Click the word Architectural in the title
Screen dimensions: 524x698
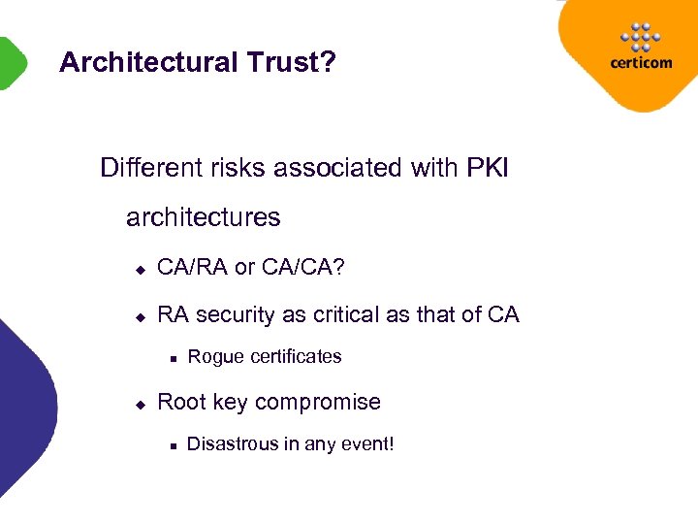click(x=147, y=63)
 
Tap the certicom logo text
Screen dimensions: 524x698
click(x=639, y=63)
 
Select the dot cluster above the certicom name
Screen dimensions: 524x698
click(x=640, y=36)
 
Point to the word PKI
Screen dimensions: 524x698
click(x=487, y=169)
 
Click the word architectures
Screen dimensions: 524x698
click(x=204, y=217)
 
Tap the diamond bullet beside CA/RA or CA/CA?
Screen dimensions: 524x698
click(x=140, y=268)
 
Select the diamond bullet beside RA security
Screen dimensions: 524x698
click(x=140, y=316)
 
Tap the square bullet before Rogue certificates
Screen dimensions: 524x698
click(x=171, y=358)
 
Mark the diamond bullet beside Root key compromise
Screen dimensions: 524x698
click(x=140, y=404)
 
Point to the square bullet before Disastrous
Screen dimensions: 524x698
click(x=171, y=446)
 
